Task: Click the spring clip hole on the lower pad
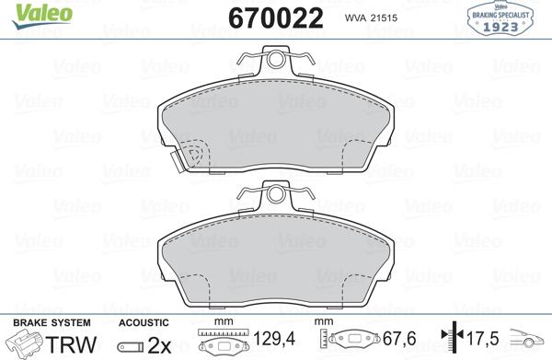point(275,194)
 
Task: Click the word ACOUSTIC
point(144,322)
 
